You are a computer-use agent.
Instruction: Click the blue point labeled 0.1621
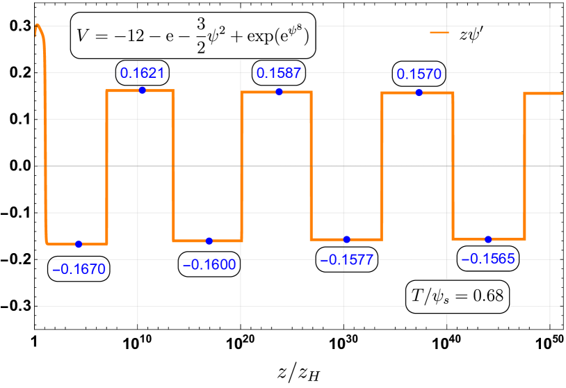tap(142, 90)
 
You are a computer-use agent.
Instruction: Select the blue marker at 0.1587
tap(279, 92)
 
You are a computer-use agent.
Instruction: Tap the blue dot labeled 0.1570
tap(419, 92)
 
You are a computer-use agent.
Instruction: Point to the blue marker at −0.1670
tap(79, 244)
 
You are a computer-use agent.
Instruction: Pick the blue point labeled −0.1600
tap(209, 241)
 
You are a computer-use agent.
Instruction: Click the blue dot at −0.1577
tap(346, 239)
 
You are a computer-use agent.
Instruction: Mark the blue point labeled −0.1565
tap(488, 239)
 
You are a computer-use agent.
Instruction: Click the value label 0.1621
tap(142, 72)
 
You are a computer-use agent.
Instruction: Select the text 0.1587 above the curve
tap(279, 73)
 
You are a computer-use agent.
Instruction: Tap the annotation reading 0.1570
tap(419, 74)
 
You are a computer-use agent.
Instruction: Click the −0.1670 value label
tap(79, 269)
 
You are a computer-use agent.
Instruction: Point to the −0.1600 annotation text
tap(209, 264)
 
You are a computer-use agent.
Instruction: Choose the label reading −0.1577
tap(347, 260)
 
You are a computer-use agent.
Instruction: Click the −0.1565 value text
tap(488, 259)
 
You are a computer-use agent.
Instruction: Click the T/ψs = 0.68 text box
tap(458, 296)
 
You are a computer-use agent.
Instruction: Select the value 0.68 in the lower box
tap(488, 296)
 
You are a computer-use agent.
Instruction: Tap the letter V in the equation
tap(83, 35)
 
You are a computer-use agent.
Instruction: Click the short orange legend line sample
tap(439, 32)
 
